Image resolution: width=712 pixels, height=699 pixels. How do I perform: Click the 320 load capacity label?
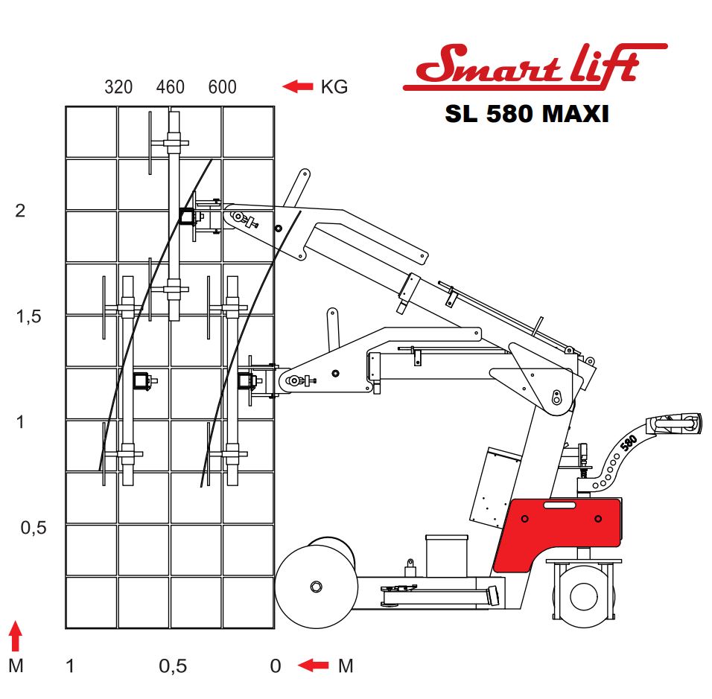(x=118, y=86)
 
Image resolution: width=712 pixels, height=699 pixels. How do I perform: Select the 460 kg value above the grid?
(x=171, y=86)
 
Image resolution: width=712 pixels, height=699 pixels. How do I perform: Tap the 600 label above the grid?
(x=223, y=86)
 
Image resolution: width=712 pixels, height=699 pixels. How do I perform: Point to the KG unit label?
(x=334, y=86)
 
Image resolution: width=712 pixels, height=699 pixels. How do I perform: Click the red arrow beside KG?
(x=298, y=86)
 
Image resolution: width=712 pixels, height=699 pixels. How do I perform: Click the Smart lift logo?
(x=535, y=66)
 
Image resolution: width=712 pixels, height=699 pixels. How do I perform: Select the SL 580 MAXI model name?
(x=527, y=113)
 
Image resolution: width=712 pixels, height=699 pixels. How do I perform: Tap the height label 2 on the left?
(x=20, y=211)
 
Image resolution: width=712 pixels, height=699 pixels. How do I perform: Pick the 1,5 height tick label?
(x=28, y=316)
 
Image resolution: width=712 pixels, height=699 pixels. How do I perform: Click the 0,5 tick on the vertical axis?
(x=34, y=528)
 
